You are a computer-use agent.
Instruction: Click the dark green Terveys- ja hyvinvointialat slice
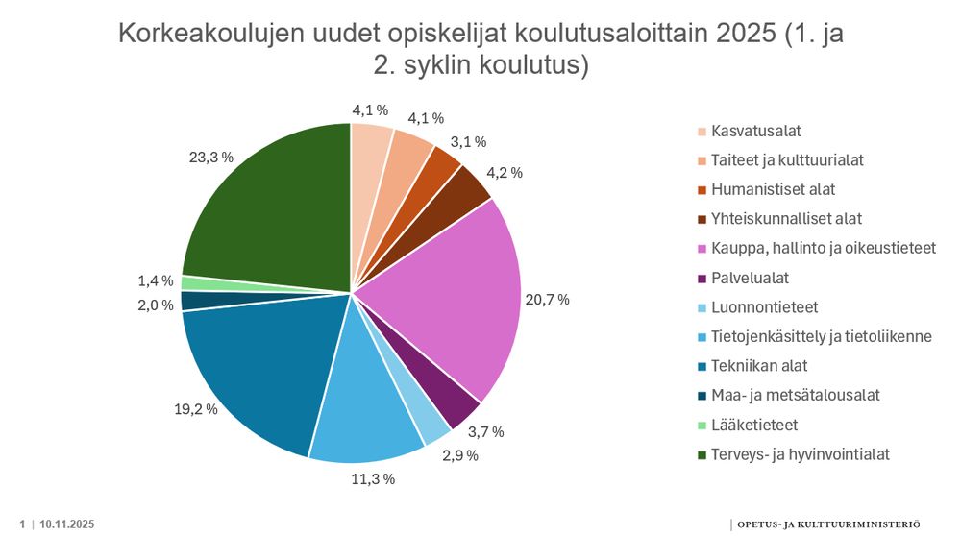click(x=269, y=211)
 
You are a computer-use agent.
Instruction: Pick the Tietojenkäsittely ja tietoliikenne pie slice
click(x=370, y=403)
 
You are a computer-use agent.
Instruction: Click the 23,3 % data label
click(x=212, y=156)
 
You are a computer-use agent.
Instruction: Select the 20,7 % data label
click(x=547, y=300)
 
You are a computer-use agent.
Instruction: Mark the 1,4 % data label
click(x=156, y=280)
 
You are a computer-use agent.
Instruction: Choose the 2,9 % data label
click(x=460, y=455)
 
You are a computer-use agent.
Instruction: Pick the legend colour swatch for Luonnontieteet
click(x=702, y=307)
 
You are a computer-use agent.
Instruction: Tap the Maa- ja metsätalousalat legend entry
click(x=795, y=395)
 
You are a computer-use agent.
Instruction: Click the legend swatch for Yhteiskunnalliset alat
click(x=702, y=219)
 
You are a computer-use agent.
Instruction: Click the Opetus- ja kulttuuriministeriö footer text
click(x=831, y=524)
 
